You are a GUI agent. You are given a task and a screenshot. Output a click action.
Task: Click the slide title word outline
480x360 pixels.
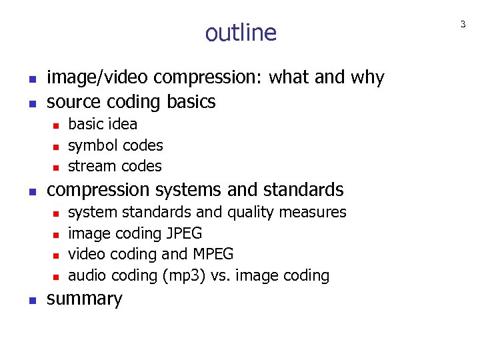(241, 33)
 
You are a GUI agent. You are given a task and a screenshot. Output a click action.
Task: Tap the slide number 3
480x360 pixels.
(463, 25)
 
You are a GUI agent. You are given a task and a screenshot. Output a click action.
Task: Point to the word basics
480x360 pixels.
(192, 102)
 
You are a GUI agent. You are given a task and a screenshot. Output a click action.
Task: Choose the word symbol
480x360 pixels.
(91, 145)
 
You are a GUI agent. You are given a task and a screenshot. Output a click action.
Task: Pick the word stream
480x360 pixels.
(90, 166)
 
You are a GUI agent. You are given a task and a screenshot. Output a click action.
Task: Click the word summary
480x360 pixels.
(85, 299)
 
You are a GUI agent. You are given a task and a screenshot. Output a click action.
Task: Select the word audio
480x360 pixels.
(88, 275)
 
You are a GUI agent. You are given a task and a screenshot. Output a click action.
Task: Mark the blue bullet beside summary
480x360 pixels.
(31, 299)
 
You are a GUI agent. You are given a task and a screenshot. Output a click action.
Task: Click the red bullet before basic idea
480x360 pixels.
(57, 125)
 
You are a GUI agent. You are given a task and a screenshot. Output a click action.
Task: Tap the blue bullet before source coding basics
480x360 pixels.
(31, 103)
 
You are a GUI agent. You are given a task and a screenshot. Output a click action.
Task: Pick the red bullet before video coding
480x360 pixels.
(57, 255)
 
